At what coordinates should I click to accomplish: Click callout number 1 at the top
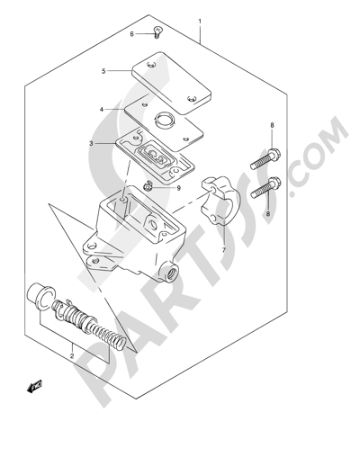coord(200,22)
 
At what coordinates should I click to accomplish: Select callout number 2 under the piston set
coord(72,356)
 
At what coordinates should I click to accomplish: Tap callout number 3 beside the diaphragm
coord(91,144)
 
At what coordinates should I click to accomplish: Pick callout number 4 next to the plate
coord(102,110)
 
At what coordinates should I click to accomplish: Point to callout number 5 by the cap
coord(103,71)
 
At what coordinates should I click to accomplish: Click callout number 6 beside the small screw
coord(131,34)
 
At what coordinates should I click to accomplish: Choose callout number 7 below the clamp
coord(223,250)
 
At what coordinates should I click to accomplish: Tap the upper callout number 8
coord(272,125)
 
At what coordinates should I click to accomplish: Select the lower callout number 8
coord(268,213)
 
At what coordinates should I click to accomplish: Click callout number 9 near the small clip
coord(179,188)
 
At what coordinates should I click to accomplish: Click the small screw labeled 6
coord(157,32)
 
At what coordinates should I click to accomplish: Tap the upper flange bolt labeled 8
coord(265,159)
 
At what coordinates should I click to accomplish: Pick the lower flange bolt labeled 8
coord(265,188)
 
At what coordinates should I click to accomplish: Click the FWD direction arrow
coord(34,386)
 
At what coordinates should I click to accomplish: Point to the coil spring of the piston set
coord(108,336)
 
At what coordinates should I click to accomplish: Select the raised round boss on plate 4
coord(164,120)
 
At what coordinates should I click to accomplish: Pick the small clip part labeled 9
coord(148,186)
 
